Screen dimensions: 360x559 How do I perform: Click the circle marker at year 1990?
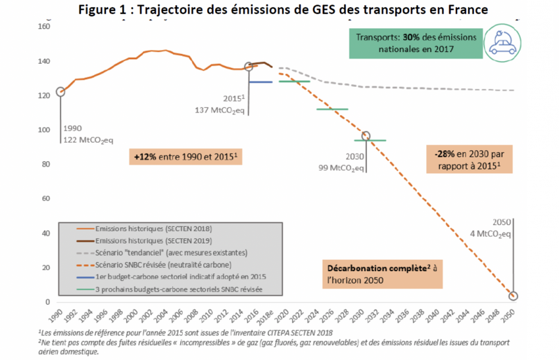coord(60,92)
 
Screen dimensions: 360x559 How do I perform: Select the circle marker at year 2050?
coord(513,296)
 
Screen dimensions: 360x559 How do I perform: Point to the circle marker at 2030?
coord(366,136)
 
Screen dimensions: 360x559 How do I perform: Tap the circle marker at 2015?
coord(249,66)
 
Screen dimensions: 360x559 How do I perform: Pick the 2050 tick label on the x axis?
coord(513,315)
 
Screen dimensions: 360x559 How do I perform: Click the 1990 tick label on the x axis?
coord(60,315)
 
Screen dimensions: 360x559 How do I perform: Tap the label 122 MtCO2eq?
coord(89,140)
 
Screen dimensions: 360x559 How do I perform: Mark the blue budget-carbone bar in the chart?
coord(260,82)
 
